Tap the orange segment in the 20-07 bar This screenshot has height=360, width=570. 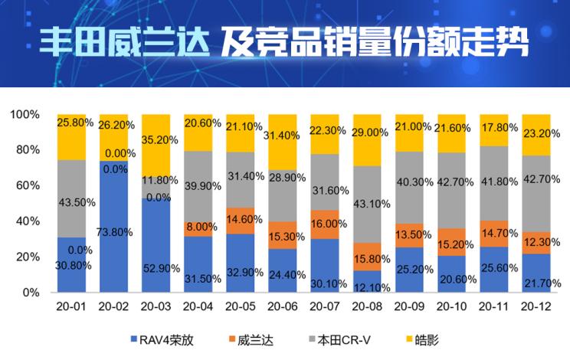[x=324, y=224]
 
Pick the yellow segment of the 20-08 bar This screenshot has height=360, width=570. [x=366, y=140]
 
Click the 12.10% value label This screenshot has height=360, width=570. [x=367, y=286]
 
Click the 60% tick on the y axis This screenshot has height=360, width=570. [x=26, y=185]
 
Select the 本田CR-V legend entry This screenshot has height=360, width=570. [x=346, y=338]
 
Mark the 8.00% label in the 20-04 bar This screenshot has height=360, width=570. [x=199, y=227]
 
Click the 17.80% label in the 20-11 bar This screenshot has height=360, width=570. [x=493, y=129]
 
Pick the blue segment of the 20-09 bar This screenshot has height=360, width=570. [x=408, y=270]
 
